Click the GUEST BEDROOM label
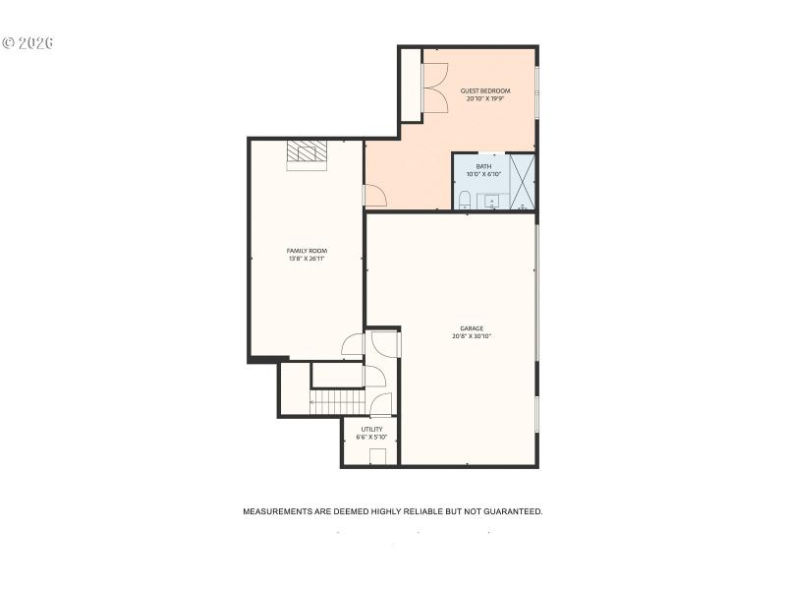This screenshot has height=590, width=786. (x=485, y=90)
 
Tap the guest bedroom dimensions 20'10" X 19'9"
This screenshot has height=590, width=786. (x=485, y=98)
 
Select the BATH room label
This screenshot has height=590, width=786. (x=483, y=166)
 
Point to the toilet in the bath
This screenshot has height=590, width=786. (x=465, y=201)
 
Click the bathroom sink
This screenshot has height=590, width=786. (x=492, y=201)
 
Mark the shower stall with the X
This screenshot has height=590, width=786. (x=523, y=182)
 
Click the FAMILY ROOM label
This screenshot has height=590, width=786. (x=307, y=251)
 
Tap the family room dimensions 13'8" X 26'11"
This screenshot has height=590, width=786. (x=307, y=259)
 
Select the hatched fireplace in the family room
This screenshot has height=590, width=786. (x=307, y=152)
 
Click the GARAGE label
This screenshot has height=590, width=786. (x=472, y=328)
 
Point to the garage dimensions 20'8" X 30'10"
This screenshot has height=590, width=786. (x=472, y=336)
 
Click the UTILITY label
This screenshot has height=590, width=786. (x=371, y=429)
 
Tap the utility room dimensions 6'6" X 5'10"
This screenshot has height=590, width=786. (x=371, y=437)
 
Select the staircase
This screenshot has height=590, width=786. (x=337, y=402)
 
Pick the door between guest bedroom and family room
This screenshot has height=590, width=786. (x=374, y=196)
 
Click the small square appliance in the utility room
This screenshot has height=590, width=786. (x=377, y=456)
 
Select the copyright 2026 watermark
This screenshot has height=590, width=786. (x=28, y=43)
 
